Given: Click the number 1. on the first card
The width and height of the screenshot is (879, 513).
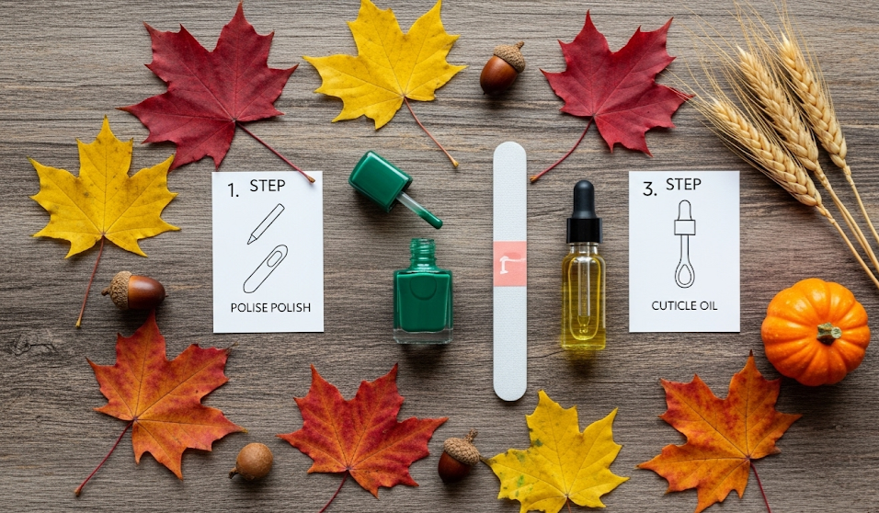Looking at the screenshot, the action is (x=234, y=190).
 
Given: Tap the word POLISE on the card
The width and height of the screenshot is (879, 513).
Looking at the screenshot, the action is (x=249, y=308).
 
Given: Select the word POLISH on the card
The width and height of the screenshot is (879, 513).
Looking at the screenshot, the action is (x=291, y=308).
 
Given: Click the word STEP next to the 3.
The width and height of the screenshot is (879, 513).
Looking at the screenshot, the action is (x=684, y=185).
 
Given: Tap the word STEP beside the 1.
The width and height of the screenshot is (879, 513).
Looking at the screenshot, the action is (x=268, y=186).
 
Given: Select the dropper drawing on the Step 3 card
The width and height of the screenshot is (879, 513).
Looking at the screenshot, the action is (x=684, y=244).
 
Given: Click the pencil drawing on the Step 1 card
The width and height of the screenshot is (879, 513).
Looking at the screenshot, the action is (x=266, y=223).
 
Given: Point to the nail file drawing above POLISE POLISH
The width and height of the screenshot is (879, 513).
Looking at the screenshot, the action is (x=265, y=268).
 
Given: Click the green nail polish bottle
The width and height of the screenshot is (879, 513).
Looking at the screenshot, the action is (x=423, y=291).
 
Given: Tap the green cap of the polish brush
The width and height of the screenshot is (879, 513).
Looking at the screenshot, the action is (x=380, y=180).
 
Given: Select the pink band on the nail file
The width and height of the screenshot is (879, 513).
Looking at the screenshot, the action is (x=510, y=264).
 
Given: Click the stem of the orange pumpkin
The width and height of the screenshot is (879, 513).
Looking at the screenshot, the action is (x=828, y=333).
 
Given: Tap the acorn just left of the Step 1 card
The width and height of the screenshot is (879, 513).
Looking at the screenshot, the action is (x=133, y=291).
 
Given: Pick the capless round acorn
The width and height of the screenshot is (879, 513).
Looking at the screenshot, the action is (x=252, y=462).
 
